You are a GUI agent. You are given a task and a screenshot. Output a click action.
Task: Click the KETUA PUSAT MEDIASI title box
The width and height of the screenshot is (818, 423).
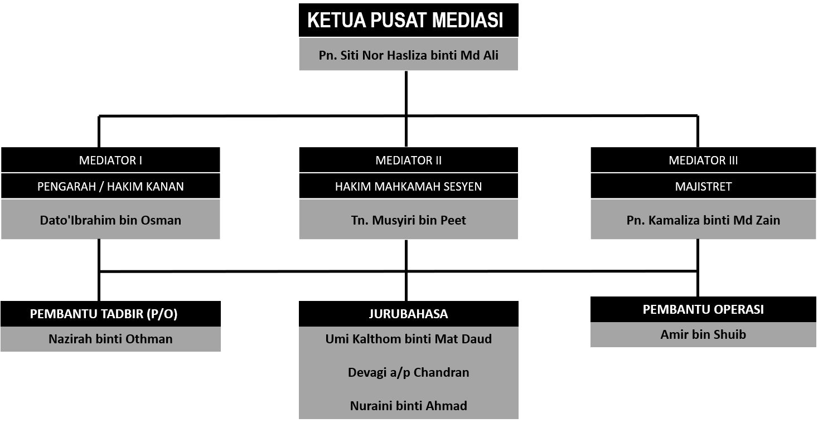click(x=408, y=20)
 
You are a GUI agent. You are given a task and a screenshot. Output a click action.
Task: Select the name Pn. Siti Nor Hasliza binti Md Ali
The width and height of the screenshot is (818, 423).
click(x=408, y=55)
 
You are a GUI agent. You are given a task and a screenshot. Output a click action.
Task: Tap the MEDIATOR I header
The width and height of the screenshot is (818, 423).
click(x=110, y=160)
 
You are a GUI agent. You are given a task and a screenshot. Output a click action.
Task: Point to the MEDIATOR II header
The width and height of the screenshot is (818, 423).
click(x=408, y=160)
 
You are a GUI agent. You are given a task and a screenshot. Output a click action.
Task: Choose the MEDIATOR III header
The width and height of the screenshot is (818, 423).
click(x=703, y=160)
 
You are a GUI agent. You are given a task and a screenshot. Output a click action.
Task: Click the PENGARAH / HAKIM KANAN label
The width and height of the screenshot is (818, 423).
click(x=110, y=186)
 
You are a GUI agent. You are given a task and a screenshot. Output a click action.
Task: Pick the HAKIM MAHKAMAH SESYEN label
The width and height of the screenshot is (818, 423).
click(x=408, y=186)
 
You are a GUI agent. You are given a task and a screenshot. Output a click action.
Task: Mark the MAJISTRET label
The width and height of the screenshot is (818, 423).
click(x=703, y=186)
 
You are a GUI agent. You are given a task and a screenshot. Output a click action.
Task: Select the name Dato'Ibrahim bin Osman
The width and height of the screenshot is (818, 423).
click(x=110, y=220)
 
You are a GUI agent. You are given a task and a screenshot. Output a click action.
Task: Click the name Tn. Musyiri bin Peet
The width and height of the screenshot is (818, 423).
click(x=408, y=220)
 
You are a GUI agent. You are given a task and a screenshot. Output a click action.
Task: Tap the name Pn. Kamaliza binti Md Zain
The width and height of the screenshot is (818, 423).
click(x=703, y=220)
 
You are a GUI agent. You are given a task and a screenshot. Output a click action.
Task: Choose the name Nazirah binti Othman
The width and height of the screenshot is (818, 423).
click(x=110, y=339)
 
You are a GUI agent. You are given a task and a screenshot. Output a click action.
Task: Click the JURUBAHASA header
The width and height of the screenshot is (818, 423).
click(x=408, y=314)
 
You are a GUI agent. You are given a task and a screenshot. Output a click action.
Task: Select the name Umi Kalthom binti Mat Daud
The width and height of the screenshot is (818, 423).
click(x=408, y=339)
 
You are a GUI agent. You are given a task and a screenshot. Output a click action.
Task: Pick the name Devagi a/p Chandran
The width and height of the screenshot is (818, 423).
click(x=408, y=372)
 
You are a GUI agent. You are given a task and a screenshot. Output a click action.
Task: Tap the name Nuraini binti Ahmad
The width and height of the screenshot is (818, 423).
click(x=408, y=406)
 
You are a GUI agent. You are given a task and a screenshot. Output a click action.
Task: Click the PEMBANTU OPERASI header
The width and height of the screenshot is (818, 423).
click(x=703, y=309)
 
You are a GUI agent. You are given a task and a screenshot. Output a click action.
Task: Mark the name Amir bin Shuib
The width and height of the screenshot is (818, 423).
click(x=703, y=334)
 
